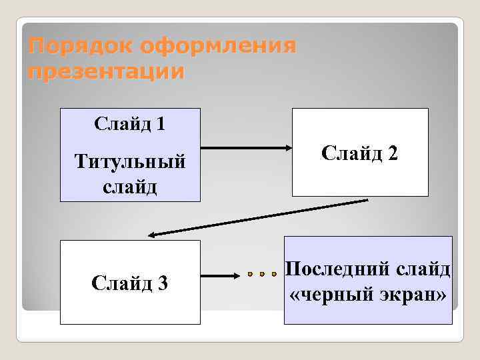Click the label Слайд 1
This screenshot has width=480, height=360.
pyautogui.click(x=130, y=124)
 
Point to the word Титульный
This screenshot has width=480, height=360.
pyautogui.click(x=130, y=161)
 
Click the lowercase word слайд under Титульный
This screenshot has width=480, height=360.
pyautogui.click(x=130, y=186)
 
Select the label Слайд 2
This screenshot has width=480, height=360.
pyautogui.click(x=360, y=153)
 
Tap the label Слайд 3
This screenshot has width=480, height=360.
pyautogui.click(x=130, y=283)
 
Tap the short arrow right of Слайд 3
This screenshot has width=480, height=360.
pyautogui.click(x=221, y=274)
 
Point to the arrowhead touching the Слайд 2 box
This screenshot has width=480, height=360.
pyautogui.click(x=285, y=147)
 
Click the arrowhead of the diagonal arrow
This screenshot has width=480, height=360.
pyautogui.click(x=153, y=234)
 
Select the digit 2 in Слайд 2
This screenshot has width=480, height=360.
pyautogui.click(x=393, y=153)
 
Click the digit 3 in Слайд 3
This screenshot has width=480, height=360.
pyautogui.click(x=163, y=283)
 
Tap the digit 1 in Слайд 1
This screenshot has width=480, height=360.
pyautogui.click(x=161, y=124)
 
